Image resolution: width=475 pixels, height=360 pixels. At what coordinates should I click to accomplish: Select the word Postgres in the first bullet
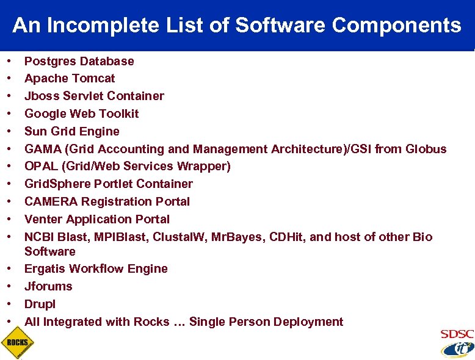50,61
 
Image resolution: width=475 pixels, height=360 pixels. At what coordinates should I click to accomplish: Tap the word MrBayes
264,236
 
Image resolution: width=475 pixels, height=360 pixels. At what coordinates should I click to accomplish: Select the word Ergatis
45,268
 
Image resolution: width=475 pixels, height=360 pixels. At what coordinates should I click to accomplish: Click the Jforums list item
48,286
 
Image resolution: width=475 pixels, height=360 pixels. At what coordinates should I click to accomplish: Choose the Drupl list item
40,304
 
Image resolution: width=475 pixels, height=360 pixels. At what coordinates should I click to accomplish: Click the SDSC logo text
457,334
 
